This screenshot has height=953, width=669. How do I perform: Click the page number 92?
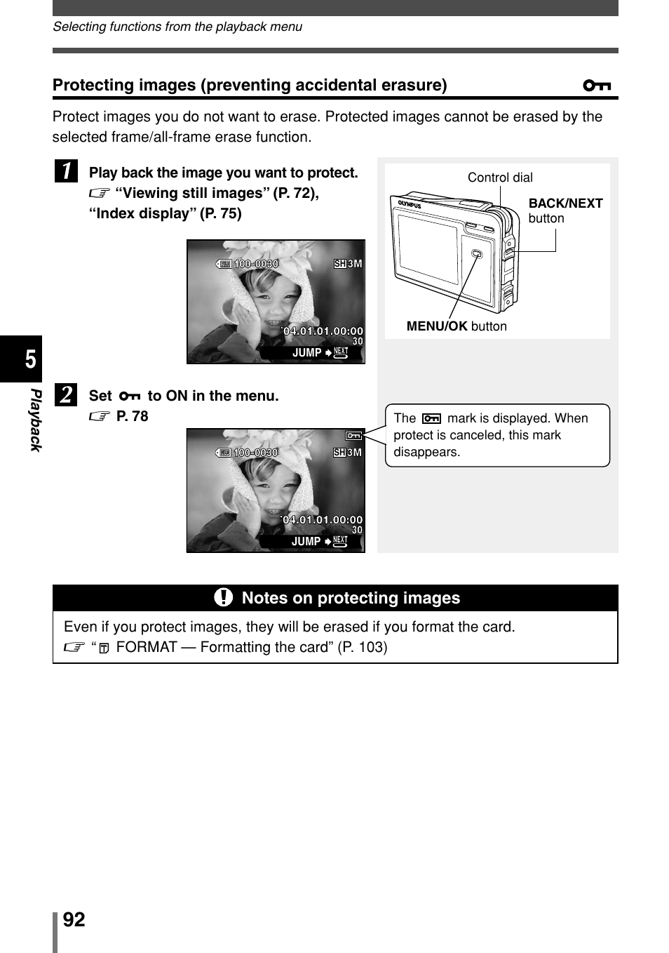pyautogui.click(x=74, y=919)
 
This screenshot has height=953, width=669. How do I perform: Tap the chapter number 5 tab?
pyautogui.click(x=29, y=359)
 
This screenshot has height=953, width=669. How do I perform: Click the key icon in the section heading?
pyautogui.click(x=597, y=86)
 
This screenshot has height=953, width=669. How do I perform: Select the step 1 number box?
pyautogui.click(x=66, y=171)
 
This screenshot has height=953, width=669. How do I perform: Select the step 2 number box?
pyautogui.click(x=66, y=394)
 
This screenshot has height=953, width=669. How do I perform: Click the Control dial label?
pyautogui.click(x=500, y=178)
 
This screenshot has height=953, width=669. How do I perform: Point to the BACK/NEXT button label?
pyautogui.click(x=565, y=210)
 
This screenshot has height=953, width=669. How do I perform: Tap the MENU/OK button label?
pyautogui.click(x=457, y=326)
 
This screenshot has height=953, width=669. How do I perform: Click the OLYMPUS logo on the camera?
pyautogui.click(x=410, y=205)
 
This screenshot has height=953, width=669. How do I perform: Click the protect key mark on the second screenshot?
pyautogui.click(x=354, y=436)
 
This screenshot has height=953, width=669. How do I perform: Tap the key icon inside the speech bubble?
pyautogui.click(x=431, y=418)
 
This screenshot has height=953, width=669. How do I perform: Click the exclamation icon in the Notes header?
pyautogui.click(x=223, y=597)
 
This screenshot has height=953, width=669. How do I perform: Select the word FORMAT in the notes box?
pyautogui.click(x=146, y=647)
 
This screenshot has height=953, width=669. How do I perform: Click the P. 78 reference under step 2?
pyautogui.click(x=132, y=416)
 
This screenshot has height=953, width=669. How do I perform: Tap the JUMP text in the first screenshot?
pyautogui.click(x=306, y=353)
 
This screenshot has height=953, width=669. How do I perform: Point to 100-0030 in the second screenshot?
pyautogui.click(x=255, y=453)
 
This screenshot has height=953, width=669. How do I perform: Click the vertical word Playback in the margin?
pyautogui.click(x=35, y=420)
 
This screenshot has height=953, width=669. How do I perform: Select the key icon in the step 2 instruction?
pyautogui.click(x=130, y=396)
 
